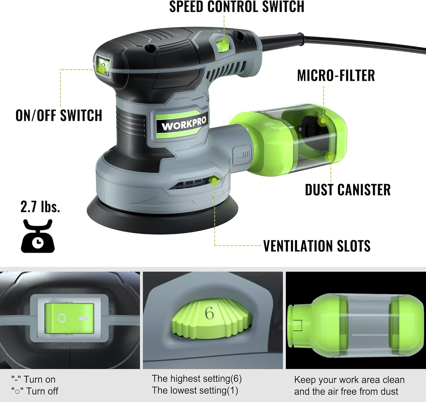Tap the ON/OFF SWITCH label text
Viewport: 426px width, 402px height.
(59, 115)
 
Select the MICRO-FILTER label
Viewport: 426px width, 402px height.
(336, 75)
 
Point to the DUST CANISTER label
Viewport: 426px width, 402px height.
(348, 190)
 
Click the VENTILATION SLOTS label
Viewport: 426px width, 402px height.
(317, 246)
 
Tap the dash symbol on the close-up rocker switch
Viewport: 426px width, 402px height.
(84, 319)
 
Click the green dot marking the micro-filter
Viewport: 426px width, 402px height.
(323, 121)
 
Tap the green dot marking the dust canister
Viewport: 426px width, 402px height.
(331, 157)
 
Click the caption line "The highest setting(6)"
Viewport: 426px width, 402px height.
(197, 378)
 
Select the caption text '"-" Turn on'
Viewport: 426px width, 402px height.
(33, 379)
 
